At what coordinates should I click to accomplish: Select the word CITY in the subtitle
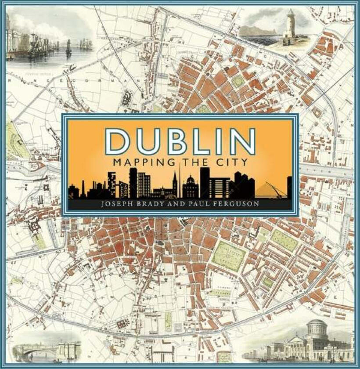coord(231,162)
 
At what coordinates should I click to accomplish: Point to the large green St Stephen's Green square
coord(228,256)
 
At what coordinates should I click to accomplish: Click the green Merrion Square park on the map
coord(284,240)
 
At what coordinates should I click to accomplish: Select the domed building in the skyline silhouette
coord(191,184)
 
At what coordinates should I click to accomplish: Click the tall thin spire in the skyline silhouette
coord(179,178)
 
